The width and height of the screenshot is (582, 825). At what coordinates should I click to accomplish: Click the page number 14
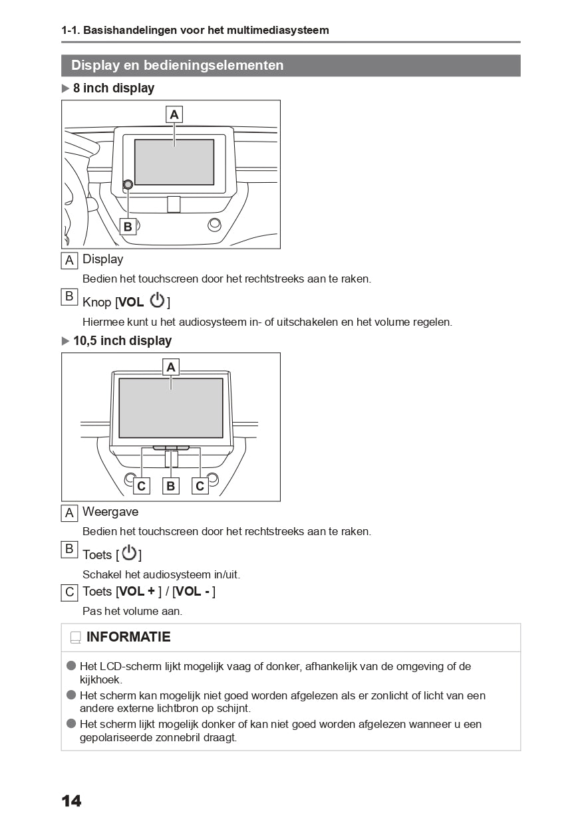71,801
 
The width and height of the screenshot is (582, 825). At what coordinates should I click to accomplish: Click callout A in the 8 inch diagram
174,114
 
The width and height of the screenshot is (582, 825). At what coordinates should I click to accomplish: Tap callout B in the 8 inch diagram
128,227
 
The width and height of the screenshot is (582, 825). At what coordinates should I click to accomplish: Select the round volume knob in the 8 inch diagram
128,184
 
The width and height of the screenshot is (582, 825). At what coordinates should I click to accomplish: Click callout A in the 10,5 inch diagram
171,367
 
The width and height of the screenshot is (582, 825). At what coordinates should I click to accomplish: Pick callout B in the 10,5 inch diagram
171,486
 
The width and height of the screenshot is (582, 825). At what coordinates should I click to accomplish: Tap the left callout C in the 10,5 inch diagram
141,486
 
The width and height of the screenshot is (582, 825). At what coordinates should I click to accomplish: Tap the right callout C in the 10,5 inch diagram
200,486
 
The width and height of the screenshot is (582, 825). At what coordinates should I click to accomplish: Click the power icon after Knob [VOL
157,300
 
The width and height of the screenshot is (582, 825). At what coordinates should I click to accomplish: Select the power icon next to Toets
129,553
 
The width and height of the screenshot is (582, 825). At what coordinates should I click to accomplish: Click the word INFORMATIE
128,637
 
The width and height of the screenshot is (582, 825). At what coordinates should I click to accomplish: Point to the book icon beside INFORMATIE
75,638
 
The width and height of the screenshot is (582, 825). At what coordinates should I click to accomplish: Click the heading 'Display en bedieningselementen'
177,65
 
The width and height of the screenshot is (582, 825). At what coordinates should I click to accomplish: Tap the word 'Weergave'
110,512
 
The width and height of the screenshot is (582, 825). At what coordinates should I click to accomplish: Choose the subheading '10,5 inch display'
122,341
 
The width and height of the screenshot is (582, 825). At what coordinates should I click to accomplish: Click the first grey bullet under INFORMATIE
72,665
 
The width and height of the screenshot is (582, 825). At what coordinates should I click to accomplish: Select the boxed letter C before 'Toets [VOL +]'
69,592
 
